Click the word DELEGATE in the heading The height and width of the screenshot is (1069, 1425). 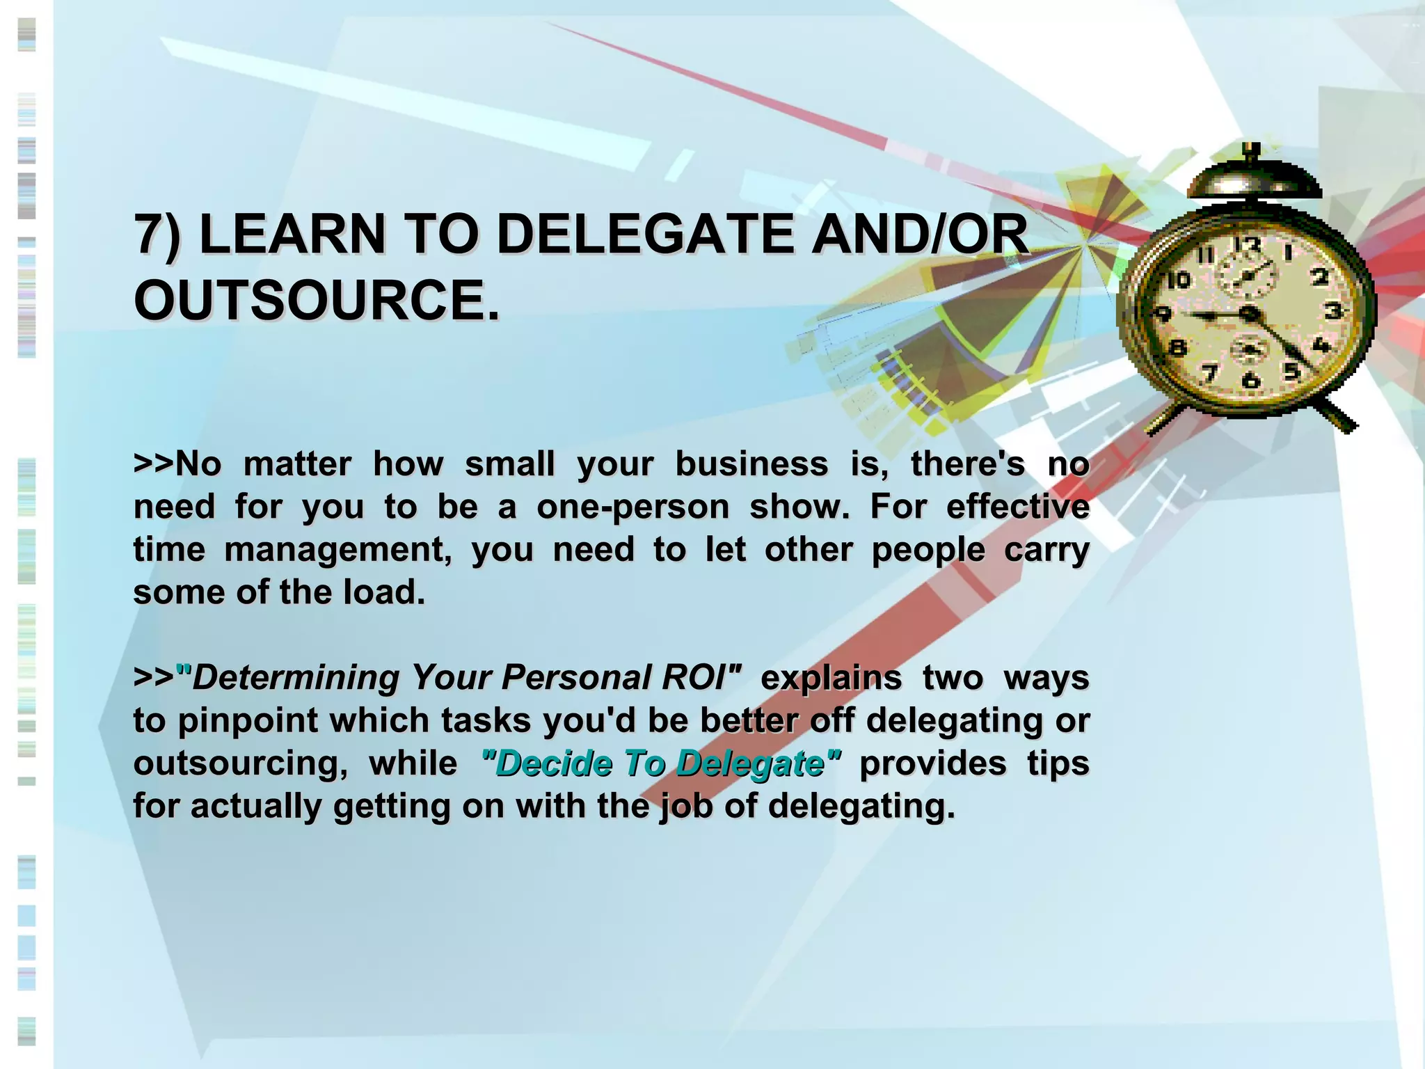(644, 234)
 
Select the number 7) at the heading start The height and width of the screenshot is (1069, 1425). (157, 235)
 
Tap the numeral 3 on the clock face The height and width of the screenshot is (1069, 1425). (1332, 310)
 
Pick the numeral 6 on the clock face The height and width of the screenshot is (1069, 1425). (1251, 380)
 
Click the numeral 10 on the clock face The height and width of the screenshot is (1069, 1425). (1177, 280)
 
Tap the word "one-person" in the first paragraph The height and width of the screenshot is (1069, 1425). (632, 507)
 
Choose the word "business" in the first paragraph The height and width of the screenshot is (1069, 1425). (751, 464)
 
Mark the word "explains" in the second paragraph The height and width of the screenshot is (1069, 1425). (831, 677)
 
